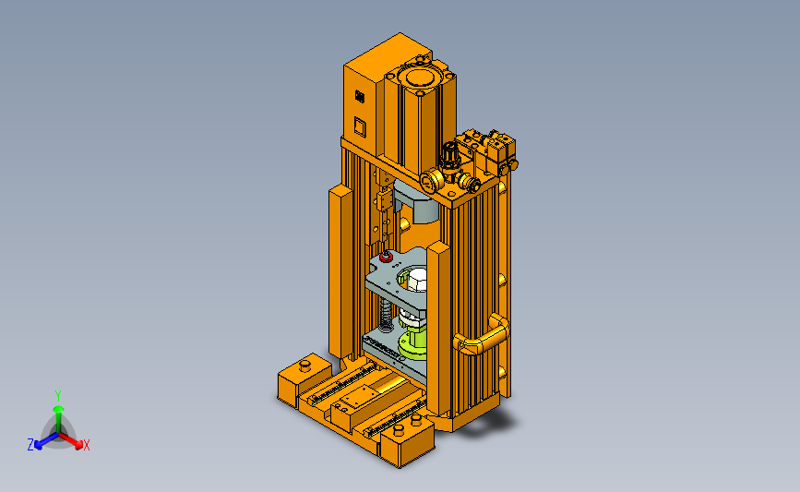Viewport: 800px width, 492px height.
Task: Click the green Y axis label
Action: [58, 396]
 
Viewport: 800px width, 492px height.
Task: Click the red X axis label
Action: [86, 445]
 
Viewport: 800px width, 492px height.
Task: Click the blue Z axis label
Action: [30, 445]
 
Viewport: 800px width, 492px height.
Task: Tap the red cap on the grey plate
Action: [387, 257]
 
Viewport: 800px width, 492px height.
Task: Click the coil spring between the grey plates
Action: [387, 314]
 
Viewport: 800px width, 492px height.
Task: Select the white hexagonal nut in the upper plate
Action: [415, 281]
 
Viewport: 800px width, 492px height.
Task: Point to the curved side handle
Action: [482, 335]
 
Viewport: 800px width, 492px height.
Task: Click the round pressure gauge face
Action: [431, 181]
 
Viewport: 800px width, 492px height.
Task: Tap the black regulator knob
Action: [450, 151]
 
